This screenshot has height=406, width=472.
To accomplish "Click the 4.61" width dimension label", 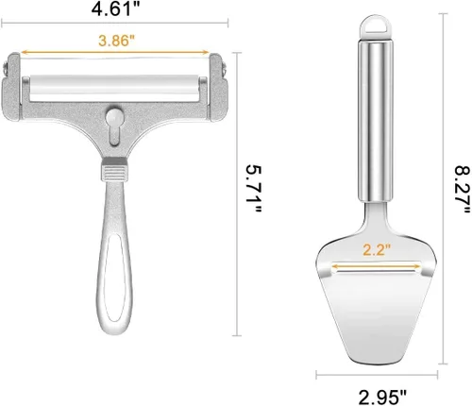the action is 115,8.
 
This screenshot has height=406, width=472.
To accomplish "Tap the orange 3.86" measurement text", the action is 116,41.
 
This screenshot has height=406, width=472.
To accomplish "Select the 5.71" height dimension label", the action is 253,190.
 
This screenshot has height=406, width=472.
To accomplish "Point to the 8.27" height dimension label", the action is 463,190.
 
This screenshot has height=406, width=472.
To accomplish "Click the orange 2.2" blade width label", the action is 377,250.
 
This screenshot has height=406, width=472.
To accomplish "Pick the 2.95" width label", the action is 382,398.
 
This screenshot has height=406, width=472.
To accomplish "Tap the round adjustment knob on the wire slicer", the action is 113,117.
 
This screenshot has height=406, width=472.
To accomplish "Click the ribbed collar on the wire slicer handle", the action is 114,173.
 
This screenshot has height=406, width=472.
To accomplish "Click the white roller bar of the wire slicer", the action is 114,88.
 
